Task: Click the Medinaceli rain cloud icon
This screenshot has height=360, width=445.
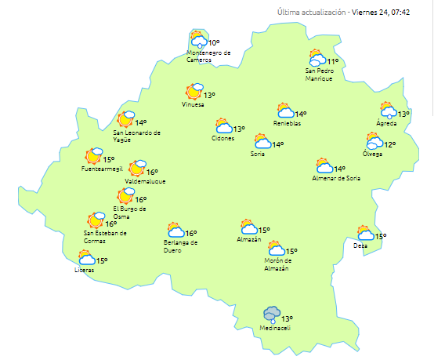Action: pos(272,315)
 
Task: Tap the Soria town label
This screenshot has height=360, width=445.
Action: pos(257,154)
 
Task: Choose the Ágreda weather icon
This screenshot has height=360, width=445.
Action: pos(388,111)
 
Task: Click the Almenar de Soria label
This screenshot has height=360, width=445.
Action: pos(337,179)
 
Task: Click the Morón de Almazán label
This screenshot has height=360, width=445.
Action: pos(278,264)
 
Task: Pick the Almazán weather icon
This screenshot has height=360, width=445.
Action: pos(250,227)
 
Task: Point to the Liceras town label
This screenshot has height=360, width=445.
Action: pos(84,271)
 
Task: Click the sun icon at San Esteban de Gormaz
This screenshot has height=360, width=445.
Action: pos(97,220)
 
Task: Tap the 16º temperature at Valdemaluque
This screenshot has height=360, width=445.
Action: pos(152,173)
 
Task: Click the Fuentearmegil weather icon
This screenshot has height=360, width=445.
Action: pos(95,155)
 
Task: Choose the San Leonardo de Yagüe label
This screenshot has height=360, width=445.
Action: pos(137,136)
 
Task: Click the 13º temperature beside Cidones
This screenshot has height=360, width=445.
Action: pos(239,129)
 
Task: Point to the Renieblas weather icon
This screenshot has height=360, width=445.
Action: pos(285,111)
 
